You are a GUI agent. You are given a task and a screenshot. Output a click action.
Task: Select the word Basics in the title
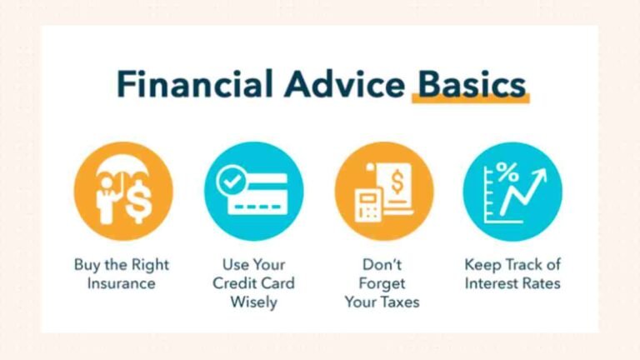coord(472,84)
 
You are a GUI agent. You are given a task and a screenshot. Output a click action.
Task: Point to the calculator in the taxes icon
coord(368,203)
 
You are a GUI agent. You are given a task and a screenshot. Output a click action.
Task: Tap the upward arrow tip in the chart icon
coord(542,172)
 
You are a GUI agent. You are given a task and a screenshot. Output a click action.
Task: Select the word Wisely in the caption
coord(252,302)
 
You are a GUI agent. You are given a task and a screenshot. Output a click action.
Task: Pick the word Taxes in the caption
coord(400,302)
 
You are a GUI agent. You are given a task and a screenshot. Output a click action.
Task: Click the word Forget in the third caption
coord(382,284)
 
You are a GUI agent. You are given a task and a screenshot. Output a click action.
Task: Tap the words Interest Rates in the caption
coord(512,284)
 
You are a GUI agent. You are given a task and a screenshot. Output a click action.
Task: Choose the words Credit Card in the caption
coord(252,284)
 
